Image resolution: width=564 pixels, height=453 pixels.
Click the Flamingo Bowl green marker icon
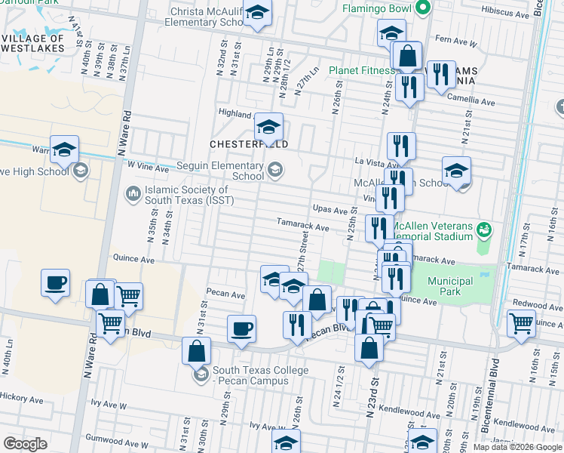pyautogui.click(x=423, y=9)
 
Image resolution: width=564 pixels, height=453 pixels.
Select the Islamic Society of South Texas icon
pyautogui.click(x=133, y=195)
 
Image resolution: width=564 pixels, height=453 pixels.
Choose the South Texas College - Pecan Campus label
pyautogui.click(x=260, y=375)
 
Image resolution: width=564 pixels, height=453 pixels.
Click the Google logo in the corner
pyautogui.click(x=25, y=443)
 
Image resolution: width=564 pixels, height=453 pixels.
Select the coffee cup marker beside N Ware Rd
pyautogui.click(x=55, y=283)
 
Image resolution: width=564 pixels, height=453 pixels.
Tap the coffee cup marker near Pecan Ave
pyautogui.click(x=242, y=328)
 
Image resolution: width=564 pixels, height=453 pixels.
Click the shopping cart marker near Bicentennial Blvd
pyautogui.click(x=522, y=323)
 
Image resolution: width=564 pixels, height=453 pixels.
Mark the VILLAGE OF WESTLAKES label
pyautogui.click(x=34, y=45)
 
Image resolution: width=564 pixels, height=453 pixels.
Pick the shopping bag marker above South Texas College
pyautogui.click(x=196, y=351)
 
